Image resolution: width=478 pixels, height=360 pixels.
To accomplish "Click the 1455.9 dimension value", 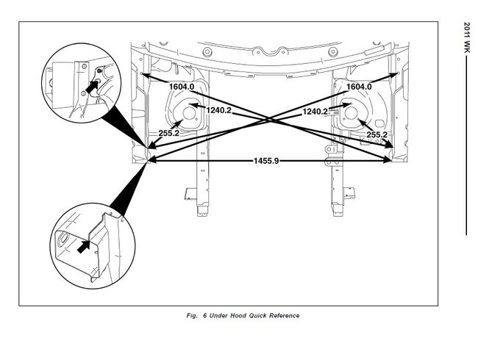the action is point(266,160).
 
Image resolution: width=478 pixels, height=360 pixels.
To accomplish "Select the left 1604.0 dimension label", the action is point(182,87).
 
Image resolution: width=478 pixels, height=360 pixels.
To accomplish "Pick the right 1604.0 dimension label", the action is point(359,87).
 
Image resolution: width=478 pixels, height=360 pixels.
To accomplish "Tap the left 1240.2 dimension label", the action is point(219,110).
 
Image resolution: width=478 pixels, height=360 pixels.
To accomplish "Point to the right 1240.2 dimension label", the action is point(315,112).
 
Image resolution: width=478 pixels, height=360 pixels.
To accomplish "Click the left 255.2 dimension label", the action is point(168,133).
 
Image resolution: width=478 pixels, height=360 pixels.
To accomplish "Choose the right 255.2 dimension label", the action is point(377,134).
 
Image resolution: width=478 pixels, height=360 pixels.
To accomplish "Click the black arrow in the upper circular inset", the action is point(91,87).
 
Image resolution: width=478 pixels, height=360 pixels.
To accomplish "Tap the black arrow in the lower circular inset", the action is point(83,247).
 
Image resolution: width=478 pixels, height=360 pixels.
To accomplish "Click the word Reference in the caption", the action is point(284,315).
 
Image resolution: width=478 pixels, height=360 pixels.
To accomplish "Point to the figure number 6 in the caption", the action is point(205,315).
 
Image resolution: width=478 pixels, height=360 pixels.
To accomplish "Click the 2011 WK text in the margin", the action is point(467,37).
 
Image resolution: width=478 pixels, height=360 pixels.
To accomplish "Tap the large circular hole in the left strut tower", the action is point(189,114).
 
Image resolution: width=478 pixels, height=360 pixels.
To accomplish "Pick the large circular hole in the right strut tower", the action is point(351,113).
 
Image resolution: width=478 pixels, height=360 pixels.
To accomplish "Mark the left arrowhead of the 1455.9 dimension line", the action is point(152,160).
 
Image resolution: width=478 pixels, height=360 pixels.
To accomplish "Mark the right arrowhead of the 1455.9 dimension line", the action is point(388,160).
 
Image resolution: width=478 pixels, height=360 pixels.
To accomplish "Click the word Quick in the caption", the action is point(257,315).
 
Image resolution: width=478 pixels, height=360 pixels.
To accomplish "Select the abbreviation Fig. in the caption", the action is point(192,315).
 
